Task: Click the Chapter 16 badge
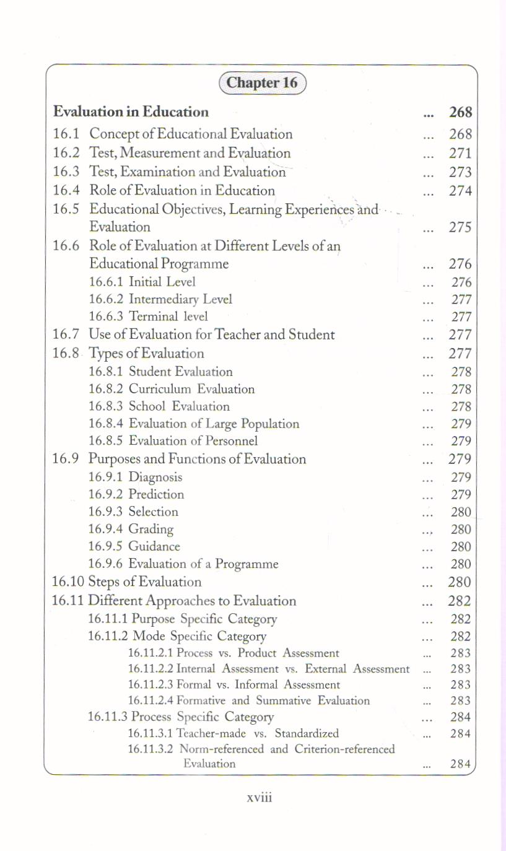pos(262,83)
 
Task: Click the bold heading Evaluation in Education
pos(131,112)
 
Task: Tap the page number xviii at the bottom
pos(260,797)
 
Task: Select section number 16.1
pos(66,134)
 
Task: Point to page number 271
pos(460,153)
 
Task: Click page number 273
pos(460,172)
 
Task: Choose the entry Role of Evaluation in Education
pos(182,190)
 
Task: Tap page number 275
pos(460,227)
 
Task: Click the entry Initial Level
pos(162,282)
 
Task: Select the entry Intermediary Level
pos(180,299)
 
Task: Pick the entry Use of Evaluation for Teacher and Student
pos(212,335)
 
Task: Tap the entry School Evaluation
pos(179,406)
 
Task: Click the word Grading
pos(151,529)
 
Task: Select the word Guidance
pos(154,546)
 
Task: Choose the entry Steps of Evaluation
pos(145,582)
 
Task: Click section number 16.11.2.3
pos(150,685)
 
